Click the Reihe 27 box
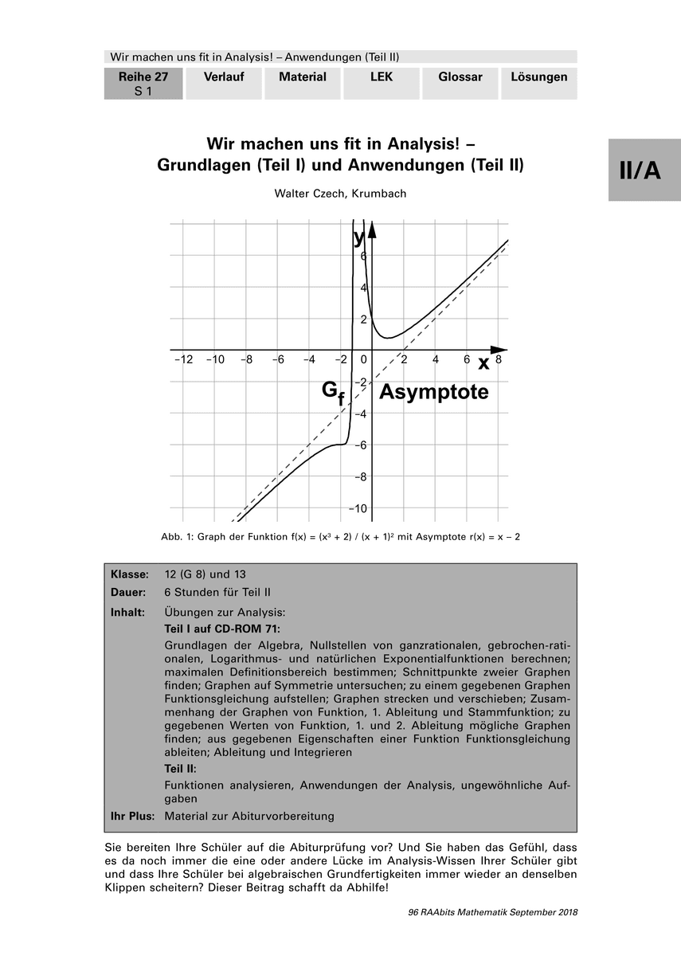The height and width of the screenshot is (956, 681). [x=143, y=83]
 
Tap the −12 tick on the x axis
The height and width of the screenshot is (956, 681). [x=183, y=360]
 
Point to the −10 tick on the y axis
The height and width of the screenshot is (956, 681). [x=360, y=508]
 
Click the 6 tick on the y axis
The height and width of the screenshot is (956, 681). [x=363, y=257]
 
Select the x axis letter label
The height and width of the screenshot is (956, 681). [x=483, y=363]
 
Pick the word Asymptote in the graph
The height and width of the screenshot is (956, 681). [x=433, y=392]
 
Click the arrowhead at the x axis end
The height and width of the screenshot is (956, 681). [x=499, y=350]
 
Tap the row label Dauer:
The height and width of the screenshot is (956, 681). [x=128, y=593]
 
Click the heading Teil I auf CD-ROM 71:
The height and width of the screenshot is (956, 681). [x=222, y=628]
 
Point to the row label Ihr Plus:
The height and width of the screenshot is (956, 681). [x=133, y=816]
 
